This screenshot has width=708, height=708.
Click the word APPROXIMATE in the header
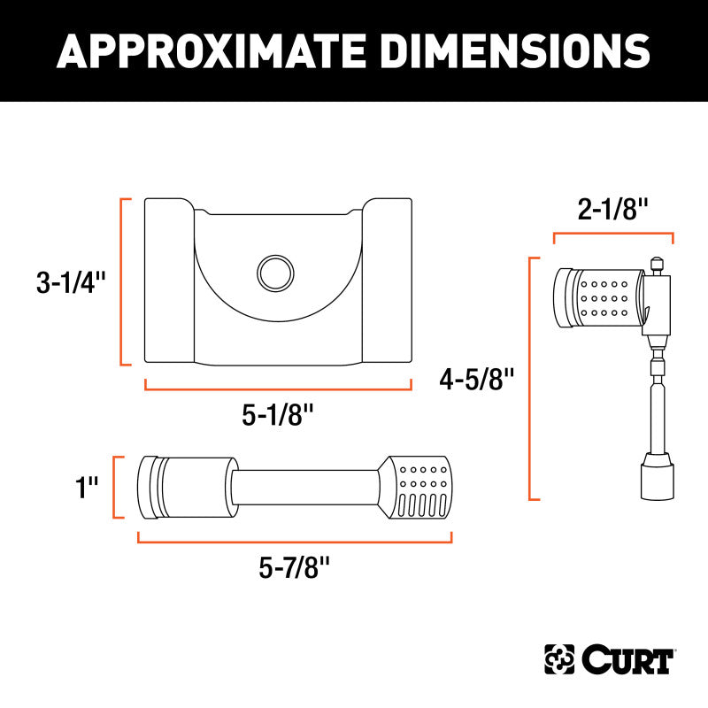coord(211,50)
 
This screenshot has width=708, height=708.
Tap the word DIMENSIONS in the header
coord(515,50)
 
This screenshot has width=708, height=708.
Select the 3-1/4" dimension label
coord(71,282)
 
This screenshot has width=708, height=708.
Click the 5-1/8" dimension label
coord(277,414)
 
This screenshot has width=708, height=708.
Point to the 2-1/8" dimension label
coord(612,209)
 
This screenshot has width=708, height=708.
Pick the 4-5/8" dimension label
coord(477,379)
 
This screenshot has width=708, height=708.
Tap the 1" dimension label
coord(86,488)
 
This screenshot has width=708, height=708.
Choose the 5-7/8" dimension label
coord(295,567)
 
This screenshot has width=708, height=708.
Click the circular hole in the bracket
coord(275,273)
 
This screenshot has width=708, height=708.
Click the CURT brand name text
coord(627,659)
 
